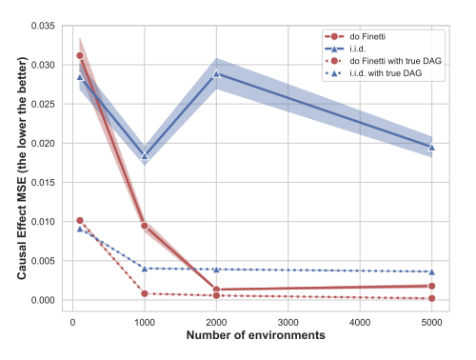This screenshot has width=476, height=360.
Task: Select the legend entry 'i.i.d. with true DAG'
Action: coord(384,70)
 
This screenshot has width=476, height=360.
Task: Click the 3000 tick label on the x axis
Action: coord(288,321)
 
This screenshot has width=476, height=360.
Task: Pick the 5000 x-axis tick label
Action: coord(432,321)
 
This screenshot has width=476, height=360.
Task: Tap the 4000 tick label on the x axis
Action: coord(361,321)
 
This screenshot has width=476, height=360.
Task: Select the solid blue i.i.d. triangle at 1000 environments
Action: coord(145,156)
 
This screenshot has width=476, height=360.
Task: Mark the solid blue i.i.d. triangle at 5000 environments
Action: coord(432,147)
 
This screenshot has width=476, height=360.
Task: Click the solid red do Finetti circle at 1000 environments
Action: coord(145,226)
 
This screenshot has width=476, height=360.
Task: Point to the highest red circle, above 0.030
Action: coord(80,55)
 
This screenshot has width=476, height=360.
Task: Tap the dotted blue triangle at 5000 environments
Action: coord(432,271)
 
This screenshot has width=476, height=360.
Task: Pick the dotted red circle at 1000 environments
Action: coord(145,293)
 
